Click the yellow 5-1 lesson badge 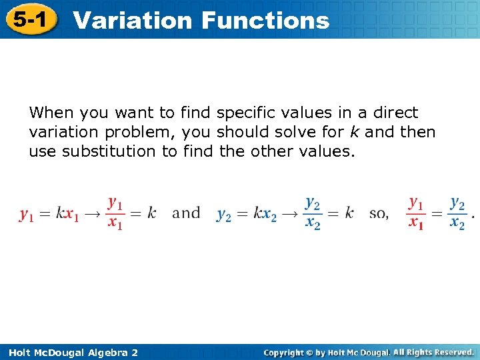click(x=29, y=19)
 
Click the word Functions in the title click(x=265, y=21)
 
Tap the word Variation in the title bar click(x=132, y=21)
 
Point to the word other click(x=274, y=151)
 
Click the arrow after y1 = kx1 click(x=91, y=214)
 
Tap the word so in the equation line click(x=378, y=214)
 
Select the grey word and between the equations click(x=186, y=213)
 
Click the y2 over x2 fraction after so click(x=457, y=213)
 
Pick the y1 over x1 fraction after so click(x=416, y=213)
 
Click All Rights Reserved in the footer click(x=433, y=352)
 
